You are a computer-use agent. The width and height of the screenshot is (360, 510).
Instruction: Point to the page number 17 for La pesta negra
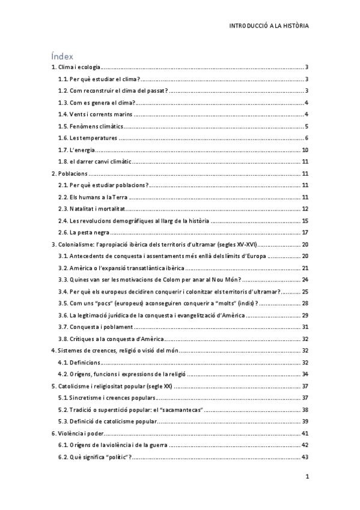(305, 232)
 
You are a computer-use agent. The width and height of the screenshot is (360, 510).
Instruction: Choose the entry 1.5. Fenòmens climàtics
(90, 126)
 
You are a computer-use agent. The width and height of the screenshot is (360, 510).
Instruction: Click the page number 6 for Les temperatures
(307, 138)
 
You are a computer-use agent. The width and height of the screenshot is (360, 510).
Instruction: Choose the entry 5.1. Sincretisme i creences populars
(106, 397)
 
